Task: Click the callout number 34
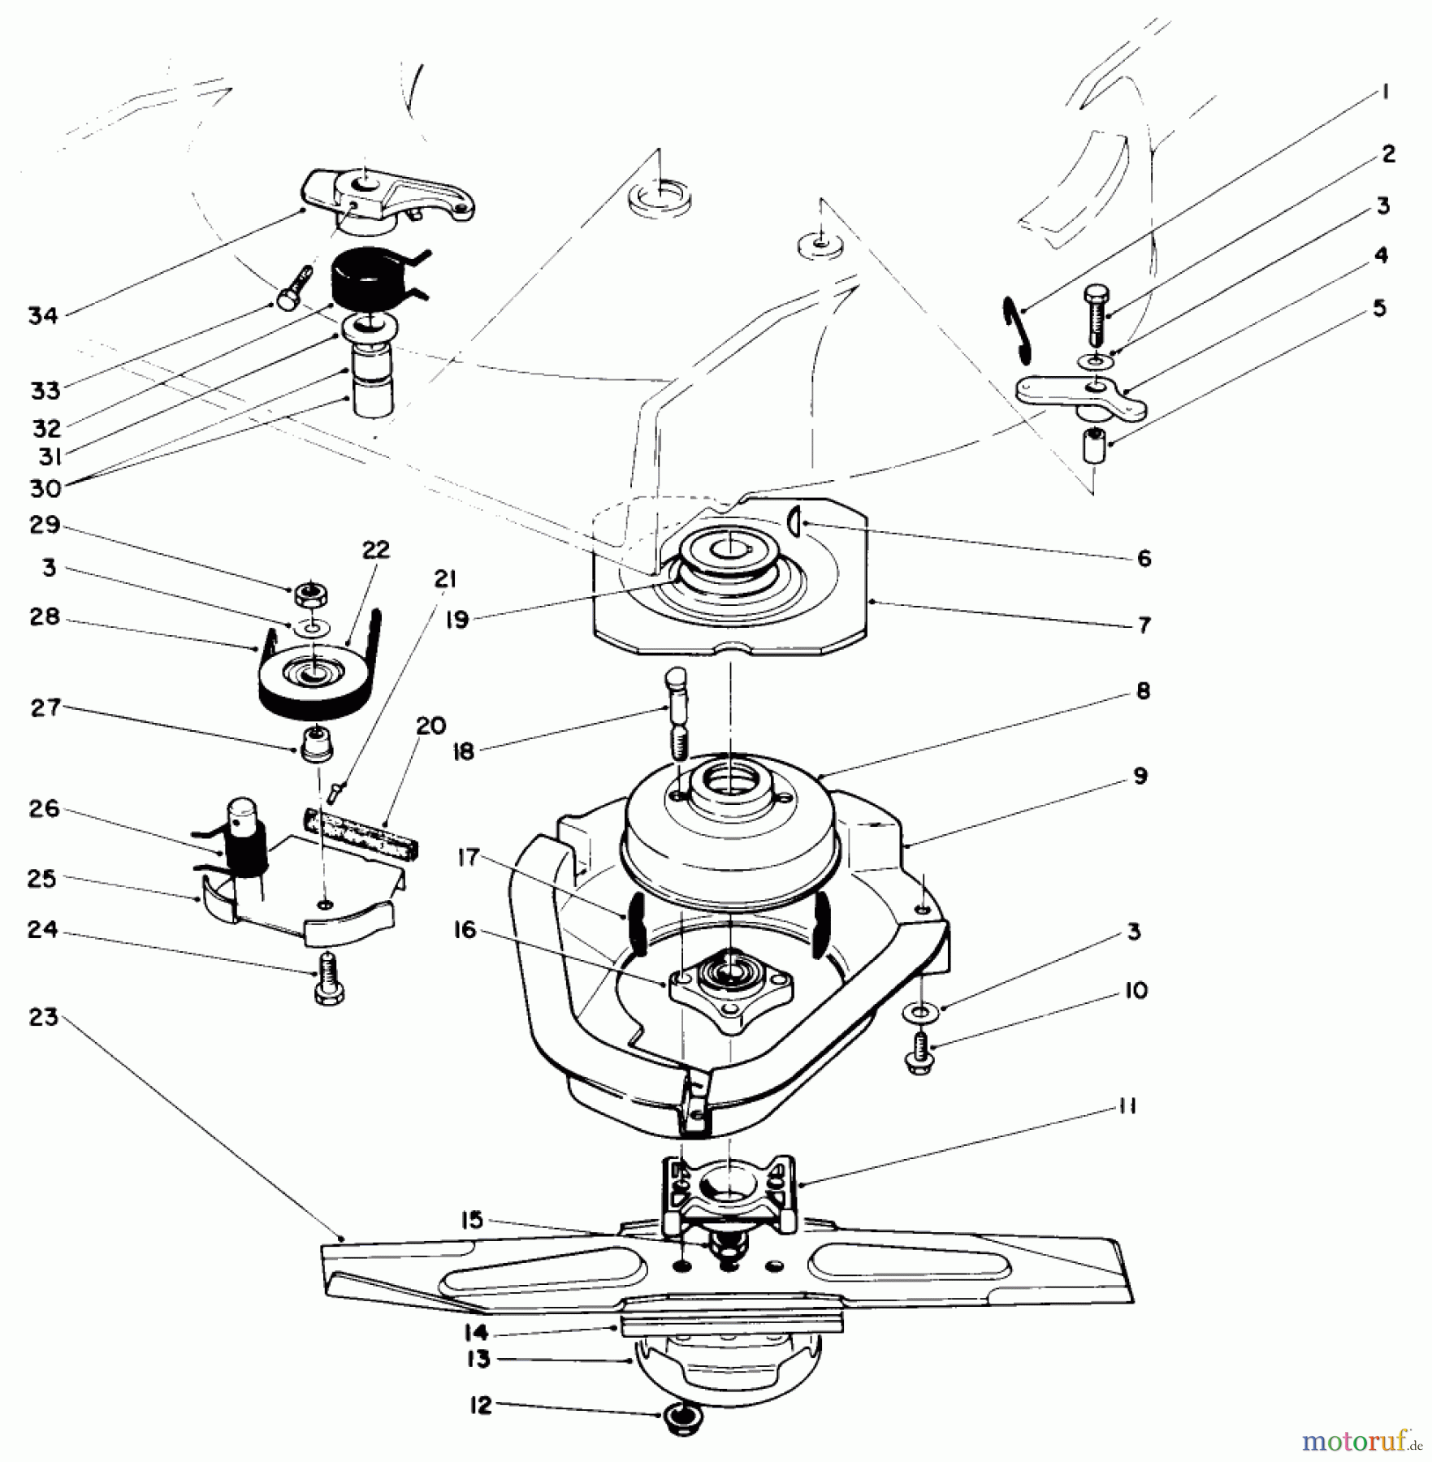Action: pyautogui.click(x=43, y=316)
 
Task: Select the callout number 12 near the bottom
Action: pyautogui.click(x=482, y=1405)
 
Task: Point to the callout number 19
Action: pyautogui.click(x=457, y=621)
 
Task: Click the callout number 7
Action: pyautogui.click(x=1144, y=625)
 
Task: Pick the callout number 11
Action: pyautogui.click(x=1127, y=1105)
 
